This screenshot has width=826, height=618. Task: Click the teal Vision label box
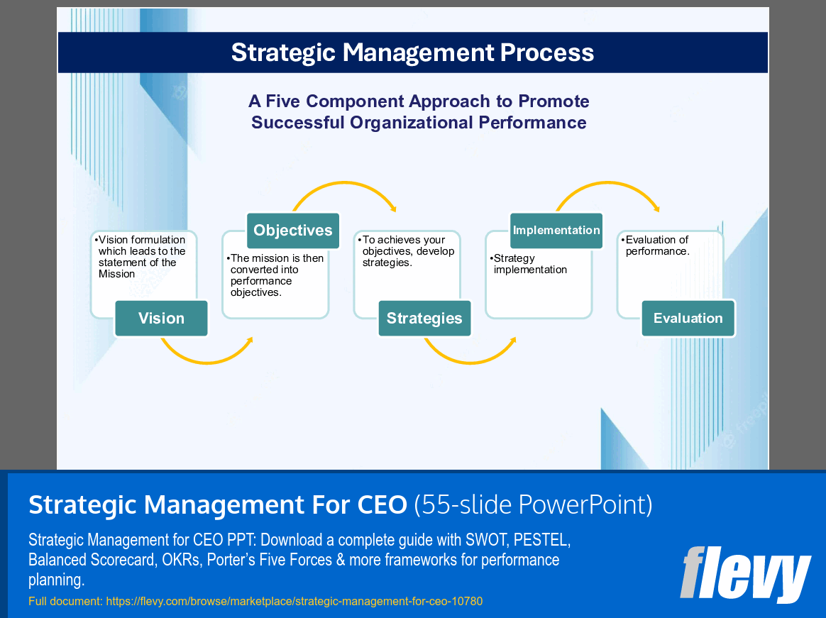point(161,319)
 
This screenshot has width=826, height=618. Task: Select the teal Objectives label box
point(293,231)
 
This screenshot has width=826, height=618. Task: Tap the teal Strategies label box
point(424,319)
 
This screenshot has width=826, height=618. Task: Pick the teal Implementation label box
point(556,231)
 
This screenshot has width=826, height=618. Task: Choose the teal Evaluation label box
point(688,319)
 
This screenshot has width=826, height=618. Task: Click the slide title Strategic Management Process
point(412,53)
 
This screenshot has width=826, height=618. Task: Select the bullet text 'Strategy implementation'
point(529,264)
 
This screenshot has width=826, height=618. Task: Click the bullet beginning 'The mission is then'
point(276,275)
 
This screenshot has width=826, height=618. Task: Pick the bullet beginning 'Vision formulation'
point(141,257)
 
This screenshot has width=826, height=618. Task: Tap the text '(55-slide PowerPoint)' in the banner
point(533,504)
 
